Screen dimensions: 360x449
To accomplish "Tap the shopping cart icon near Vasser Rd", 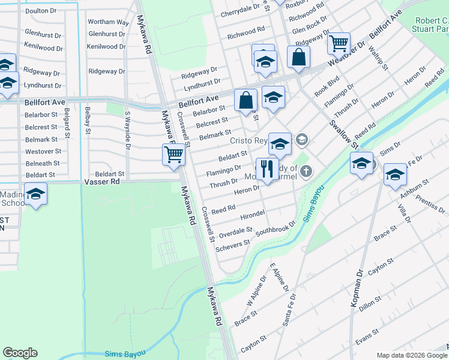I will pos(174,155).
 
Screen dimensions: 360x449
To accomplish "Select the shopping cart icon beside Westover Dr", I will pos(339,43).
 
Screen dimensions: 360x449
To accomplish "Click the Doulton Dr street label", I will pos(41,11).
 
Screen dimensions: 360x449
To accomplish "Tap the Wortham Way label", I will pos(109,22).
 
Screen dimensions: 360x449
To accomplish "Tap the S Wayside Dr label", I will pos(127,127).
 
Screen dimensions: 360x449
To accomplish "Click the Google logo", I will pos(20,353).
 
